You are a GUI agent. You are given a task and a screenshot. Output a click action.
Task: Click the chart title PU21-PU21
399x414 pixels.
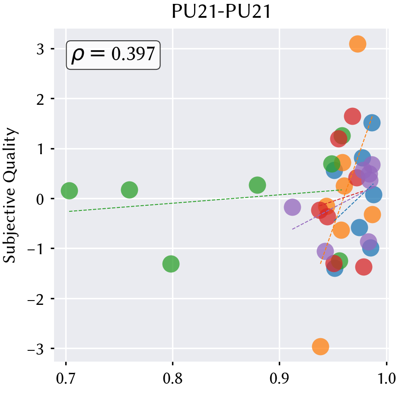point(221,12)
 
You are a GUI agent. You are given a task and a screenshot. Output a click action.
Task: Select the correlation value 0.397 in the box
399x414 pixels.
point(133,54)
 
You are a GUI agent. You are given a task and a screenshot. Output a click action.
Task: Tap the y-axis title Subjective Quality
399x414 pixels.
point(10,195)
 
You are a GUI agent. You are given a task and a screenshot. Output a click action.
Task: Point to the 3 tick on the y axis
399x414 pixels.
point(40,49)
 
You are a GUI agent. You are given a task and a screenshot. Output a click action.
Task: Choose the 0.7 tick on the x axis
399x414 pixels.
point(66,378)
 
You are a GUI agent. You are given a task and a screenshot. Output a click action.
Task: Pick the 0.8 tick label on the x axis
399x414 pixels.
point(172,378)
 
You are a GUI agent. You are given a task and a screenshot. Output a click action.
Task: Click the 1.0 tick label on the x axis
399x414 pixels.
point(386,378)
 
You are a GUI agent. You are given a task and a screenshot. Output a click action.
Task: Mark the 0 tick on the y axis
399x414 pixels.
point(40,199)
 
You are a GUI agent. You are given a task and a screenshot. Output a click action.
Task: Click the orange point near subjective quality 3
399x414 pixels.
point(358,44)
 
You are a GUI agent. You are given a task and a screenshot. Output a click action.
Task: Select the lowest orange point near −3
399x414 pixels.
point(320,346)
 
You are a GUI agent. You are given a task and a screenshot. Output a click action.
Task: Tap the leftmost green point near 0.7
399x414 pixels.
point(69,191)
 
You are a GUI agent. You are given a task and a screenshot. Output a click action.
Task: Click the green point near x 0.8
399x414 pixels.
point(171,263)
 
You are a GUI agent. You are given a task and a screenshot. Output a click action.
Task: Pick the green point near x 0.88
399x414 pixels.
point(257,185)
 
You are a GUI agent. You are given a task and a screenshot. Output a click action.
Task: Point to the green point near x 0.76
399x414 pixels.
point(129,190)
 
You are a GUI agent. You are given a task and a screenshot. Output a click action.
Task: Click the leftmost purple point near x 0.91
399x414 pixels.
point(292,207)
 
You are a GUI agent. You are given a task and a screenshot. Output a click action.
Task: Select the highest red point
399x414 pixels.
point(352,116)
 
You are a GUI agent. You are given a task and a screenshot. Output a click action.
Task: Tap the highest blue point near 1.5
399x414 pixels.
point(372,123)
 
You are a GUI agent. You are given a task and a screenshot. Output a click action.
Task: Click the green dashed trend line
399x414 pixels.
point(205,201)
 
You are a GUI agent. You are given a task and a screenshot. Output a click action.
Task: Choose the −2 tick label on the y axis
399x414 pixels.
point(35,299)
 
